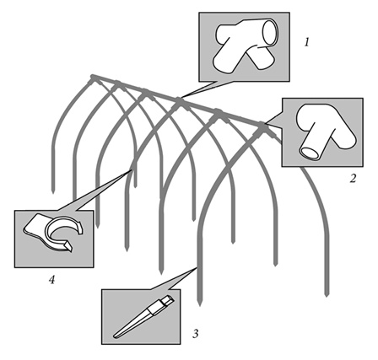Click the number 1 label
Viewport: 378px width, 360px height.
(306, 42)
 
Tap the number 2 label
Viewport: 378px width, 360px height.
(353, 178)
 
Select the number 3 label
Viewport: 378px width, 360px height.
(196, 333)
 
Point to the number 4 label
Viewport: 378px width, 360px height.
(51, 279)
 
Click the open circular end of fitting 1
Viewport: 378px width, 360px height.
(270, 32)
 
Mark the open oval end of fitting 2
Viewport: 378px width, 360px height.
(310, 153)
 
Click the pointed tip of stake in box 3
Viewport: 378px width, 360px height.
(115, 336)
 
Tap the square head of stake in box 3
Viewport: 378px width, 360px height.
(168, 299)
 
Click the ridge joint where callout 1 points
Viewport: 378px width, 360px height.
(180, 100)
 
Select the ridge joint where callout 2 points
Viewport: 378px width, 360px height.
(262, 126)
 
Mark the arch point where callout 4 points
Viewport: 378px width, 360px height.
(131, 171)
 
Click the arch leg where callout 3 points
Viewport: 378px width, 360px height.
(197, 268)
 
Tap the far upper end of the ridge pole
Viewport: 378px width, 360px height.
(92, 76)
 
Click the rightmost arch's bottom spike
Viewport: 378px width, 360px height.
(327, 294)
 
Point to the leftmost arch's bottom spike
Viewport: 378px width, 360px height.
(53, 191)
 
